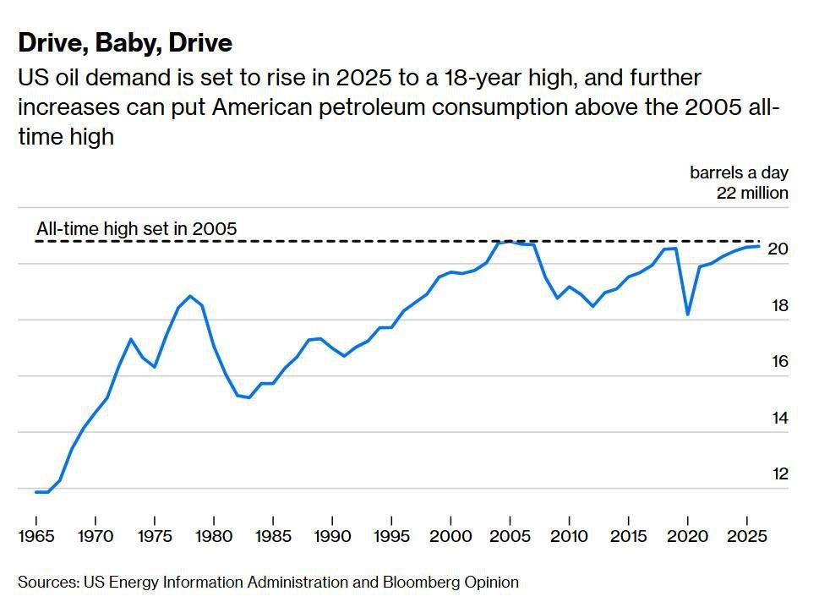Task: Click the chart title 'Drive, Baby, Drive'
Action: click(125, 43)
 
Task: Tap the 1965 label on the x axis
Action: click(36, 536)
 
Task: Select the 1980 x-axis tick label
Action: click(214, 536)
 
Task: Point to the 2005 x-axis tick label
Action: click(510, 536)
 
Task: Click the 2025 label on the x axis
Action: click(747, 536)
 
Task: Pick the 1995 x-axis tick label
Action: click(391, 536)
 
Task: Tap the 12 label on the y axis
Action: click(780, 473)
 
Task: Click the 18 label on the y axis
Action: click(780, 305)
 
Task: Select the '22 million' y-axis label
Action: click(752, 193)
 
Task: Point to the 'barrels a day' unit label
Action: click(739, 172)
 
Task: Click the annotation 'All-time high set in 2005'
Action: click(137, 229)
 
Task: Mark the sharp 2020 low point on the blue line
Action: click(688, 315)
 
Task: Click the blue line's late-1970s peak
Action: click(190, 296)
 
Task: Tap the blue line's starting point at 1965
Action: click(36, 492)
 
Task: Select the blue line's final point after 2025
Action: click(759, 246)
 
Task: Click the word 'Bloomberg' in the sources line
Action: click(421, 582)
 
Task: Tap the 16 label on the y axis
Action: click(780, 362)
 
